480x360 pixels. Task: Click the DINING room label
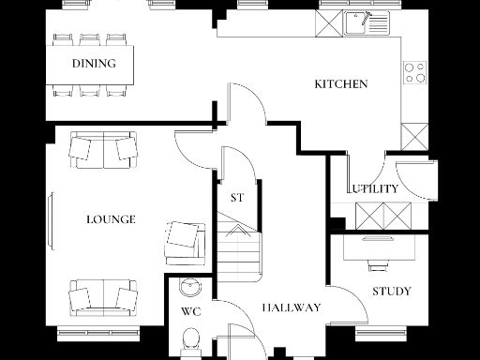point(94,65)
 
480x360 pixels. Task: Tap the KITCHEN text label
point(340,84)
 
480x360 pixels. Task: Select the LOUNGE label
point(111,219)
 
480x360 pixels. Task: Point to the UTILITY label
point(375,188)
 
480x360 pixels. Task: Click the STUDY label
point(391,292)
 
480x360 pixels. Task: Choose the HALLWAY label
point(292,307)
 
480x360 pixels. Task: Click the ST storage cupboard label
point(237,198)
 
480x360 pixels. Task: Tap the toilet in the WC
point(189,339)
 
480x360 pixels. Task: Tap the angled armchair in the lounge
point(184,240)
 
